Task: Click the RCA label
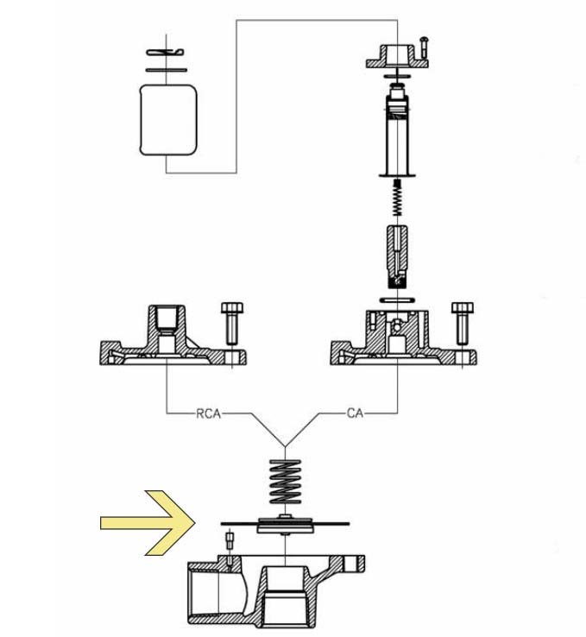[208, 413]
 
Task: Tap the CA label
[355, 413]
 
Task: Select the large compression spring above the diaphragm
[285, 482]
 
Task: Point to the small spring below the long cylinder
[398, 198]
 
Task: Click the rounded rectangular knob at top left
[168, 120]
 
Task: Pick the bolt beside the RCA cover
[232, 324]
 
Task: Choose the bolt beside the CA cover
[463, 324]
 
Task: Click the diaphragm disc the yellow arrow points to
[285, 524]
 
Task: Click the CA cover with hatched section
[404, 338]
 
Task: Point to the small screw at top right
[425, 47]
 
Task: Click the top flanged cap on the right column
[397, 57]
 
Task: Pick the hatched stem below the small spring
[398, 256]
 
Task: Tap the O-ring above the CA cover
[397, 300]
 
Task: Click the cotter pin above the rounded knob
[166, 53]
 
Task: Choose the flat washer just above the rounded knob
[166, 70]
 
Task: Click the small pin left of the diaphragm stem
[230, 540]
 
